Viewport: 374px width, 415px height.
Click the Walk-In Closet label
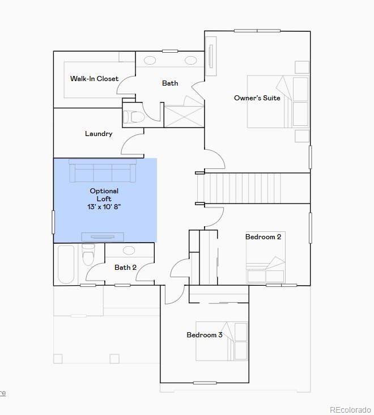pos(95,79)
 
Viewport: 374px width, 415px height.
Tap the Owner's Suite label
pos(257,98)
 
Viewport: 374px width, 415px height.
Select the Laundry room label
pos(99,134)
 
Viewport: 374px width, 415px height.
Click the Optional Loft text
pos(104,194)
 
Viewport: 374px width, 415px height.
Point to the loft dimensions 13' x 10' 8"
pos(104,207)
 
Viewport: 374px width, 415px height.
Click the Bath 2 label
pos(125,268)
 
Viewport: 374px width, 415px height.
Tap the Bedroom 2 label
pos(263,237)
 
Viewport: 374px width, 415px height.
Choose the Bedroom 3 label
pos(205,335)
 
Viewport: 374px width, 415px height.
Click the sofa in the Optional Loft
pos(103,171)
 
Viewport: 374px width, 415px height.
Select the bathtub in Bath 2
pos(66,264)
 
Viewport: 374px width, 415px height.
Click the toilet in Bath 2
pos(88,256)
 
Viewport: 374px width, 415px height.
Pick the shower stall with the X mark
pos(184,116)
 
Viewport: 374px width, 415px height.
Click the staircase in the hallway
pos(242,188)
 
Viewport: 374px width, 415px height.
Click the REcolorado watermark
pos(350,409)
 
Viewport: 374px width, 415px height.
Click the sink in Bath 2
pos(129,250)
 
